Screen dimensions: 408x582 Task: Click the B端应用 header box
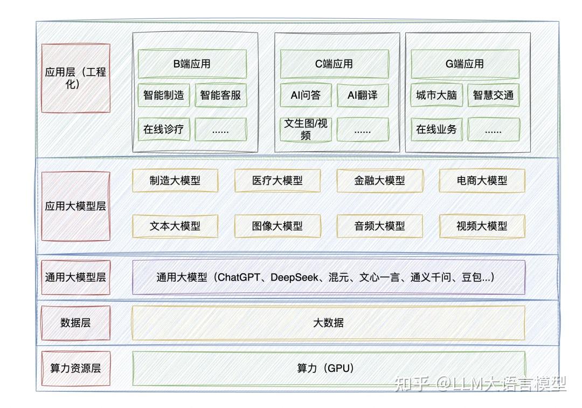pyautogui.click(x=192, y=64)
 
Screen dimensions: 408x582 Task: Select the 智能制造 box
pyautogui.click(x=164, y=96)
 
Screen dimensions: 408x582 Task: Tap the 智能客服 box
pyautogui.click(x=220, y=96)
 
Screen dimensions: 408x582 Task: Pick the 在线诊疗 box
pyautogui.click(x=164, y=130)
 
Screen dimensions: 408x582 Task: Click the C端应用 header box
pyautogui.click(x=334, y=64)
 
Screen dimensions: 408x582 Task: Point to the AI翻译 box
pyautogui.click(x=363, y=96)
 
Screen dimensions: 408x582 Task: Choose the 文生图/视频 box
pyautogui.click(x=306, y=130)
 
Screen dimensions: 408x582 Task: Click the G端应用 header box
pyautogui.click(x=465, y=64)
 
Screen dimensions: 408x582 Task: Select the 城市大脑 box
pyautogui.click(x=436, y=96)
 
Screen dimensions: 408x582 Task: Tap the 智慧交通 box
pyautogui.click(x=493, y=96)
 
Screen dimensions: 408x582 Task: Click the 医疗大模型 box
pyautogui.click(x=278, y=181)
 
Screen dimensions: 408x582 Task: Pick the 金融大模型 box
pyautogui.click(x=379, y=181)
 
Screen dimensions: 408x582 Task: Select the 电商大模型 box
pyautogui.click(x=482, y=181)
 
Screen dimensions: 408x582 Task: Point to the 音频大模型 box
pyautogui.click(x=379, y=226)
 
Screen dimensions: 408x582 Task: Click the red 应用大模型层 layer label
pyautogui.click(x=75, y=206)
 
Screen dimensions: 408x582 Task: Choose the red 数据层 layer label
pyautogui.click(x=75, y=323)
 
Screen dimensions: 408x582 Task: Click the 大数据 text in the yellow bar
pyautogui.click(x=328, y=323)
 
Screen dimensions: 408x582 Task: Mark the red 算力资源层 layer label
pyautogui.click(x=75, y=369)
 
